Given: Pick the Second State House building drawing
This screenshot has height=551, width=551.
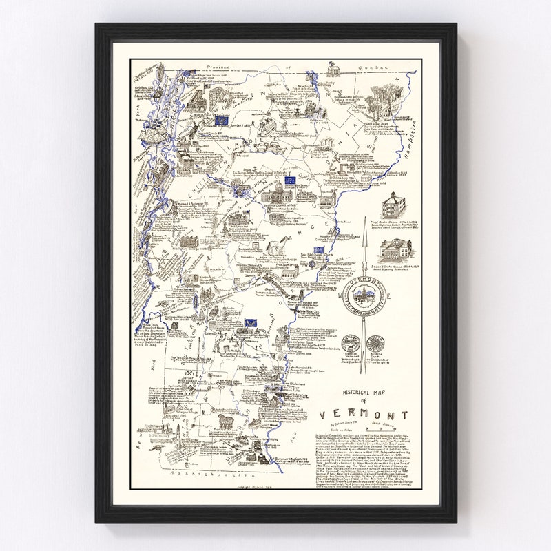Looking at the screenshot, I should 398,249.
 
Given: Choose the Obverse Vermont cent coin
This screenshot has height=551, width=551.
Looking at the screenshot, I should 351,344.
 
